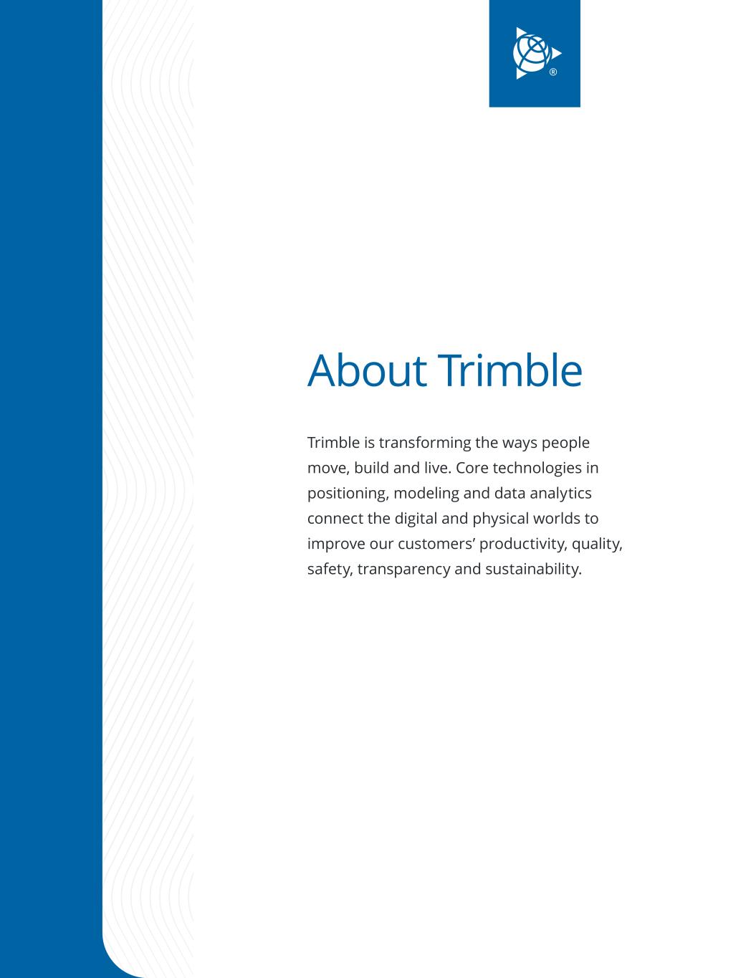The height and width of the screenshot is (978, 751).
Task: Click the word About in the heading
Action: [367, 370]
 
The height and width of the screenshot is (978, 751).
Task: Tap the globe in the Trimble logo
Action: [532, 54]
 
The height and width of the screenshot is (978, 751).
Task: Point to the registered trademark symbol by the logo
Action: [553, 72]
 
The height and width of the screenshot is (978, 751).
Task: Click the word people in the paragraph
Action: [565, 444]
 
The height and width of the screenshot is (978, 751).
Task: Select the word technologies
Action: [536, 469]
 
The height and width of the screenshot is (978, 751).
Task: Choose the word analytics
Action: [560, 494]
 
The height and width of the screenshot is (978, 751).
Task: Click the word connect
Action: [335, 519]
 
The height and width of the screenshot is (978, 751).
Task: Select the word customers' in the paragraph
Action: [436, 544]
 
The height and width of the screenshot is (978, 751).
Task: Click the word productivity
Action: [523, 544]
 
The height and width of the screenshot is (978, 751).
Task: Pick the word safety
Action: [330, 570]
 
